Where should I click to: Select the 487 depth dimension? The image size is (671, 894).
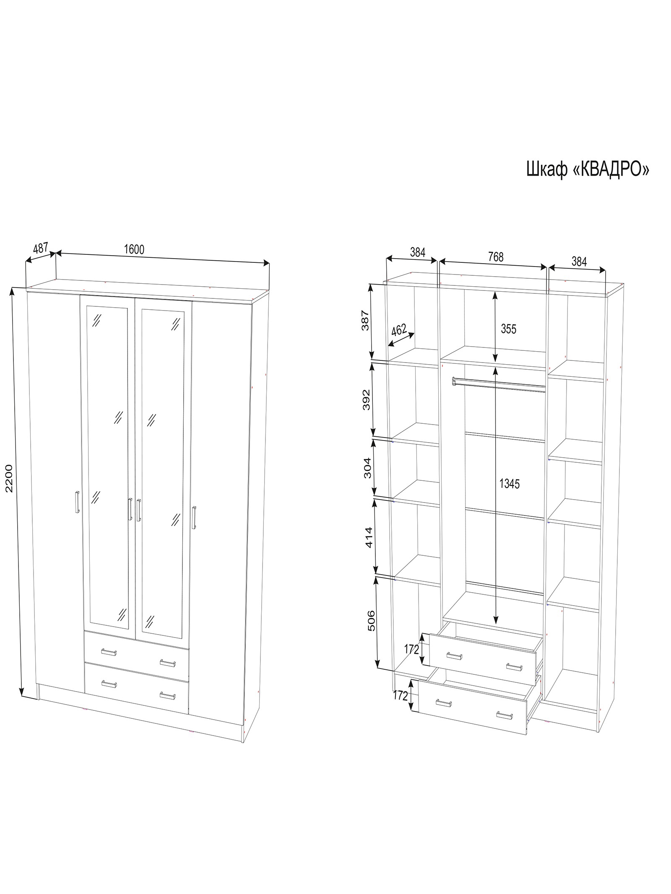click(x=41, y=248)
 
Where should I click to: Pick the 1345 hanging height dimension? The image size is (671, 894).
click(x=509, y=484)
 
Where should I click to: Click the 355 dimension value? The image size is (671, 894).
click(x=508, y=329)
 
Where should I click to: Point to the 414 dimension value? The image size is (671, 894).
click(x=369, y=537)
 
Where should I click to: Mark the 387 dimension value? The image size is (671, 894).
click(x=365, y=320)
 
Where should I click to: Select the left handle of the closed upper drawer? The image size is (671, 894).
click(x=109, y=652)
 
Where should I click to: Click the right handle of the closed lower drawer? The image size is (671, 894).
click(x=167, y=696)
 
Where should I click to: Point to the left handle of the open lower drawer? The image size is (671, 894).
click(x=443, y=703)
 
